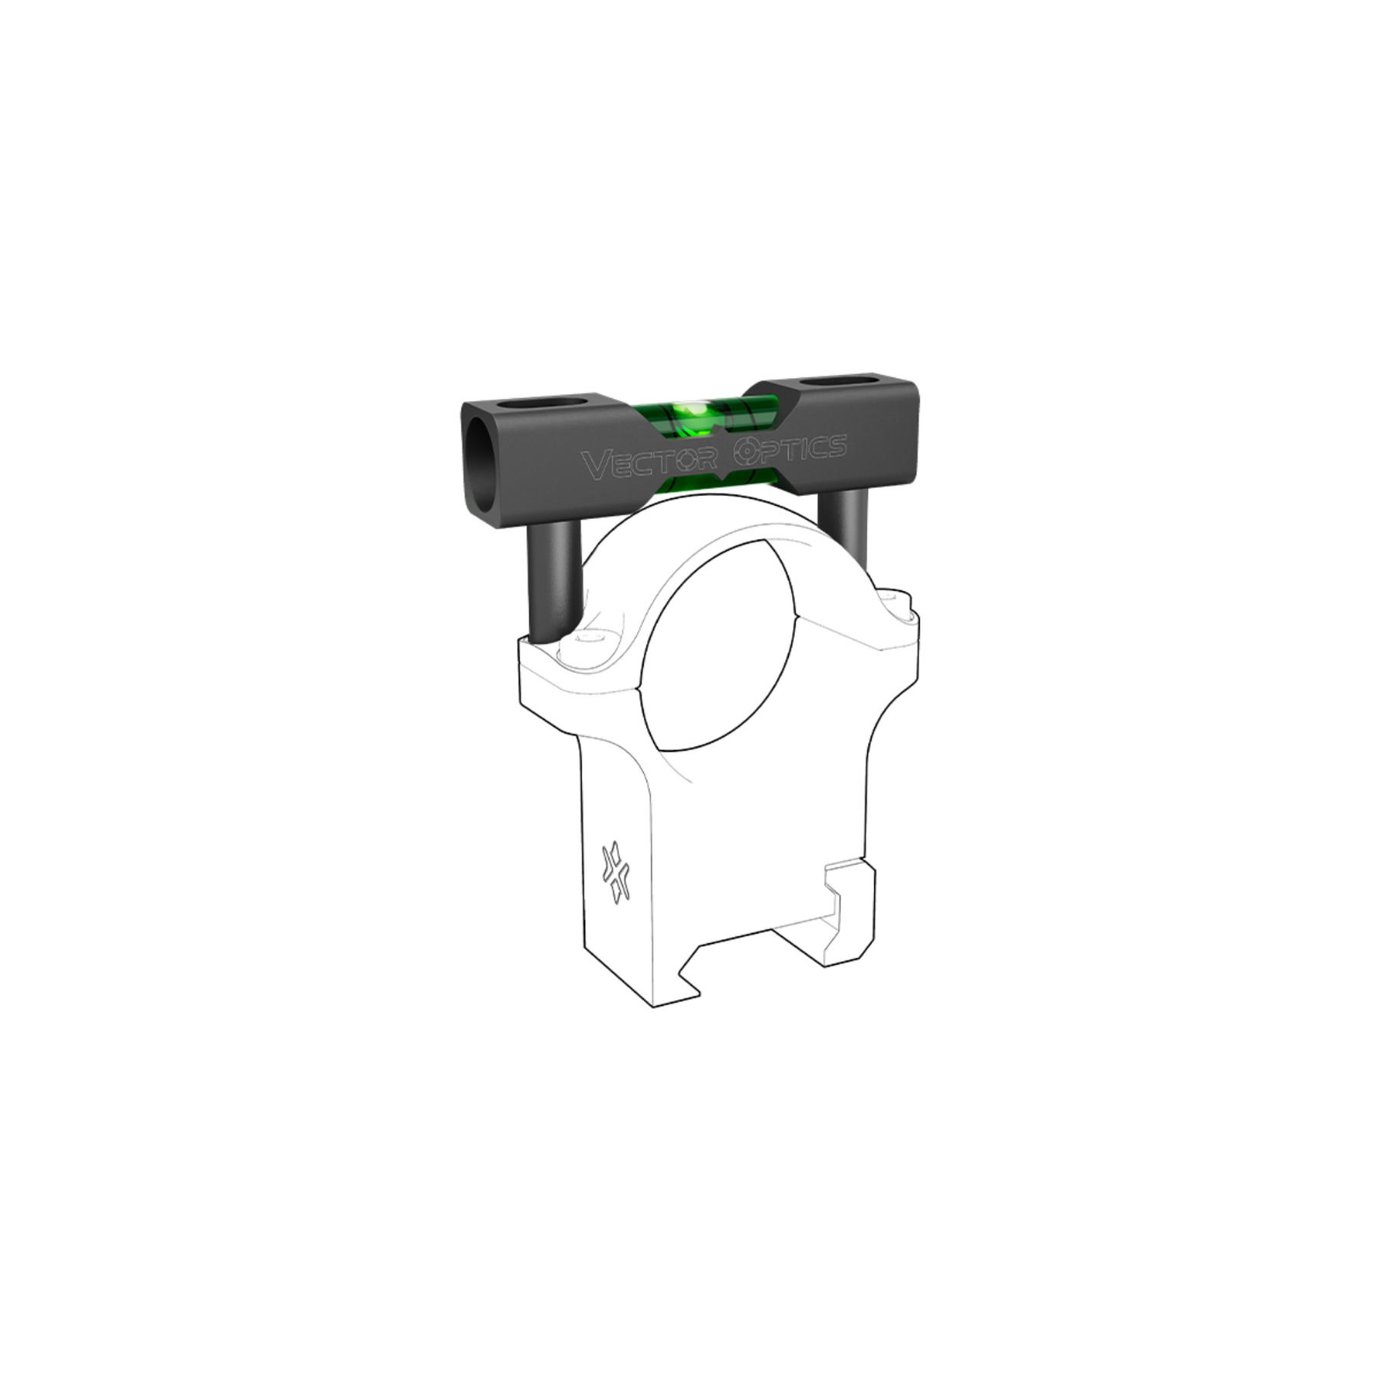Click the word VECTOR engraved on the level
[649, 462]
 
